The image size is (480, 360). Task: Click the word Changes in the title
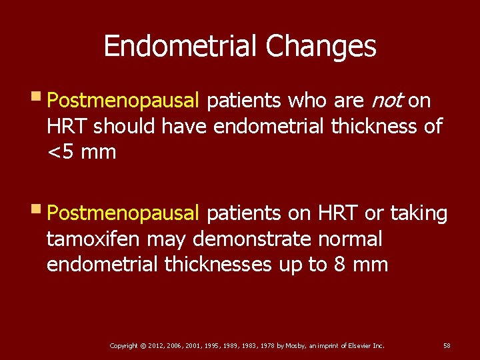tap(321, 47)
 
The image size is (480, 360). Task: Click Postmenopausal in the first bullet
tap(123, 101)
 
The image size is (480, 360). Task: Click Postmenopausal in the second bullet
tap(123, 214)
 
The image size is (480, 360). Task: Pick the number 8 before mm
tap(340, 265)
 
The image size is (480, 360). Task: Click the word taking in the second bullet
tap(419, 214)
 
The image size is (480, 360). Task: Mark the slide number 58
tap(447, 346)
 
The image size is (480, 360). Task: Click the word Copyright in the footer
tap(123, 346)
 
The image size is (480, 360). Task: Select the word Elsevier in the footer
tap(360, 346)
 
